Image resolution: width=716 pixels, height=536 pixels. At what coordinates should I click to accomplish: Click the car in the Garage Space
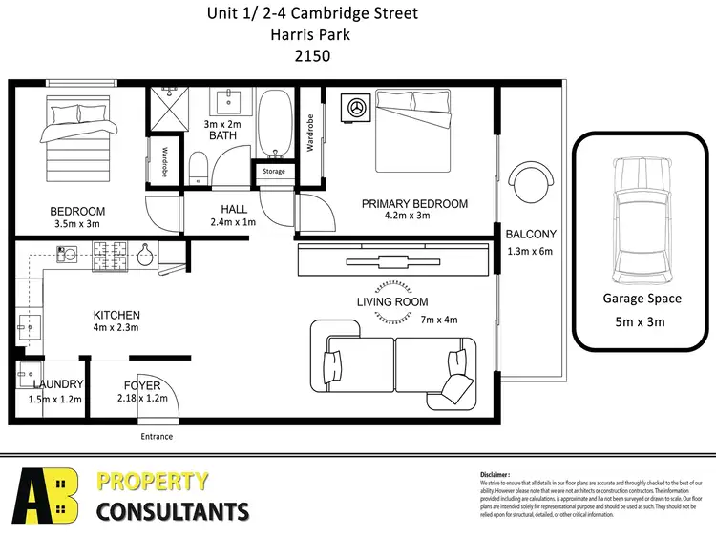click(640, 218)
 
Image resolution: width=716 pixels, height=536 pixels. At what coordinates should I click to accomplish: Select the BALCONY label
click(530, 234)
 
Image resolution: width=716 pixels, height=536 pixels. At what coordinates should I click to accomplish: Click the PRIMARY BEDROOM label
click(413, 203)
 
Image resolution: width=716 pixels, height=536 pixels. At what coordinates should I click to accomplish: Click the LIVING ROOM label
click(392, 302)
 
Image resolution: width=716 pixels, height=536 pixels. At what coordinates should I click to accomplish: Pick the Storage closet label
click(274, 172)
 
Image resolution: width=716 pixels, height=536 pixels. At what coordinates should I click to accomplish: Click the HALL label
click(234, 209)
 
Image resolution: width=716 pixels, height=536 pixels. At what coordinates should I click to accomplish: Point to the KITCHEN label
click(116, 315)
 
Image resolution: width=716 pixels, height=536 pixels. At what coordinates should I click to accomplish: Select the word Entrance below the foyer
click(158, 436)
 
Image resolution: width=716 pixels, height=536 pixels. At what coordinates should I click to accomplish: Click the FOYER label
click(142, 385)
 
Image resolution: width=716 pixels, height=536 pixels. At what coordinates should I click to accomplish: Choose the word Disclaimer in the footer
click(496, 473)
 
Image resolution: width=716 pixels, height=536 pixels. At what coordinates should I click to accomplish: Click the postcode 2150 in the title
click(312, 55)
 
